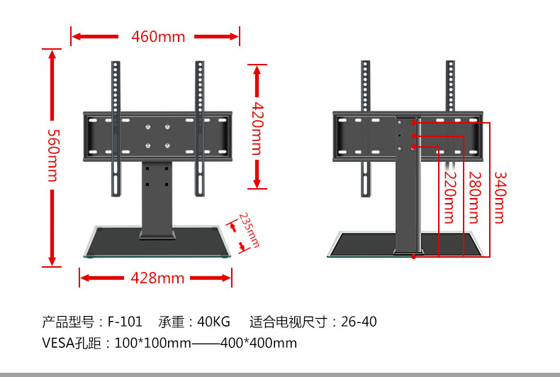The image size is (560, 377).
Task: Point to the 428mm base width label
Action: (157, 278)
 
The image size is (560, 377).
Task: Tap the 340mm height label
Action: (500, 197)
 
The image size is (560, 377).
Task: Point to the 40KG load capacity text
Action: (213, 322)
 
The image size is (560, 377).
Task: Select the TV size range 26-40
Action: (359, 322)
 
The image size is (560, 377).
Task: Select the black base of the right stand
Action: (369, 243)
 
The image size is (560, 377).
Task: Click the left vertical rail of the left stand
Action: (114, 128)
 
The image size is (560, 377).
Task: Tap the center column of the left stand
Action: (157, 199)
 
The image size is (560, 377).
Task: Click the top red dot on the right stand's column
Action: (413, 124)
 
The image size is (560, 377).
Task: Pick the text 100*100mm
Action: (152, 344)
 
